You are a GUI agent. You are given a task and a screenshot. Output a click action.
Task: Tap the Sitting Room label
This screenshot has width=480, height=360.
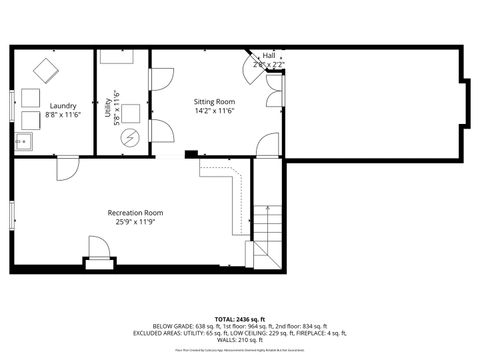point(214,102)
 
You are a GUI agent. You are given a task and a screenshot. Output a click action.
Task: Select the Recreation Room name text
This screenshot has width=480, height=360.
point(135,212)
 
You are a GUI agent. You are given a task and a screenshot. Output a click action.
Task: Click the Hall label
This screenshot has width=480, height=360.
point(269,56)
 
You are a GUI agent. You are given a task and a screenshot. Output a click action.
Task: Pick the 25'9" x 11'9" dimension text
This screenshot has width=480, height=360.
point(135,221)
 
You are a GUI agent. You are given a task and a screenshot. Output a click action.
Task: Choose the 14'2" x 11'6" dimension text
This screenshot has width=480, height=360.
point(214,111)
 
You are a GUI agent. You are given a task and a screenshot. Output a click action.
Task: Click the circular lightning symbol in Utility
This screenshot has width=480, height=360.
point(128,139)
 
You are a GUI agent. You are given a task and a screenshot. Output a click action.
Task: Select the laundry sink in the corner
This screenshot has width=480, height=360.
point(22,143)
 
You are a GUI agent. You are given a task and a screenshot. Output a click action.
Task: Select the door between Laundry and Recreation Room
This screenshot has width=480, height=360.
point(66,166)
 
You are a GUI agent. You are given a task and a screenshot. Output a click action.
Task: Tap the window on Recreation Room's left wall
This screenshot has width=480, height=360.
point(12,213)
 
